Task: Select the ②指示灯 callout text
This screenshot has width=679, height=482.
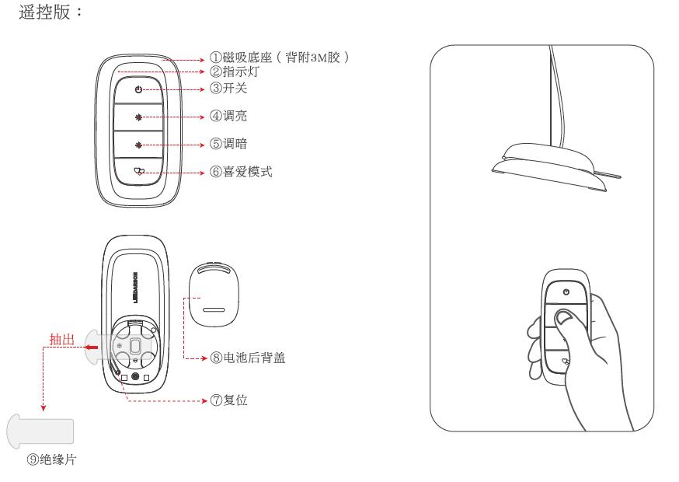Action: pyautogui.click(x=234, y=72)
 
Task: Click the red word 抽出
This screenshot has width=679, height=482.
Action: pyautogui.click(x=61, y=339)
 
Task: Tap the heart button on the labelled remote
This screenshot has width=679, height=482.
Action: pyautogui.click(x=140, y=172)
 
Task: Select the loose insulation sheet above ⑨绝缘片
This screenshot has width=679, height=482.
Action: pyautogui.click(x=41, y=429)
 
